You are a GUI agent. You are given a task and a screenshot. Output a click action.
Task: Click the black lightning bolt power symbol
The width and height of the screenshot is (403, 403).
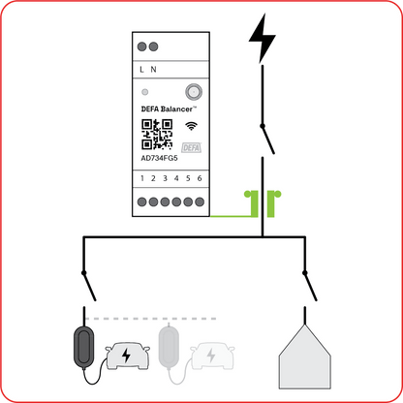pos(263,38)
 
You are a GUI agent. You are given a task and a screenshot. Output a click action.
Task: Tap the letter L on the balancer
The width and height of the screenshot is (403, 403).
pos(141,70)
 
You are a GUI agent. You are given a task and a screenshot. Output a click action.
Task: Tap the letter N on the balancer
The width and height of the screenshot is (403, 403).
pos(153,70)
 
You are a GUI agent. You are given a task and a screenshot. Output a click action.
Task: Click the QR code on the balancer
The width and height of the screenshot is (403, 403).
pos(157,135)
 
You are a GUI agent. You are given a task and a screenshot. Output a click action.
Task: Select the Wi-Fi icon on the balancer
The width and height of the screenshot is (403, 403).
pos(191,126)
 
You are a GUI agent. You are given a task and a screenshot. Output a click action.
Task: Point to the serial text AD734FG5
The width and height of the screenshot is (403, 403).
pos(159,158)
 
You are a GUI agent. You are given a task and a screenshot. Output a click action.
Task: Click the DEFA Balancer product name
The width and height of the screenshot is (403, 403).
pos(169,109)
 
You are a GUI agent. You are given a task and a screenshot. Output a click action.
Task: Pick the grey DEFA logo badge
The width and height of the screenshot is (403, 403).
pos(192,147)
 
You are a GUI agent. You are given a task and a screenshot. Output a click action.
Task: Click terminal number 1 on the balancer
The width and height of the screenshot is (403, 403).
pos(142,178)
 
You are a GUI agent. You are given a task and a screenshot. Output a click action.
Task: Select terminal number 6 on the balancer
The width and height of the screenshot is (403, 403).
pos(200,178)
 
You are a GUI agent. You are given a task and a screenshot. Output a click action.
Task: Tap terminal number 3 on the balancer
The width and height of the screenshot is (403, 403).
pos(165,178)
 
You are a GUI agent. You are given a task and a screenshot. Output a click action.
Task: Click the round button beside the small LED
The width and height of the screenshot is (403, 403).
pos(194,92)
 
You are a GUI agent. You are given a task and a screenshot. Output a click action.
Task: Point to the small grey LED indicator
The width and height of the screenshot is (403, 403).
pos(145,92)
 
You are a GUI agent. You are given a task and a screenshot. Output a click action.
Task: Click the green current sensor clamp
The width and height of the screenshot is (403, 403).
pos(263,202)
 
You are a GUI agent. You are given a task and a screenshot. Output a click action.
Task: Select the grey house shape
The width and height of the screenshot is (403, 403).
pos(304,356)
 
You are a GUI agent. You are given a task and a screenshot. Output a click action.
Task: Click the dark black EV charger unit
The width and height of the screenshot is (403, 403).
pos(84,347)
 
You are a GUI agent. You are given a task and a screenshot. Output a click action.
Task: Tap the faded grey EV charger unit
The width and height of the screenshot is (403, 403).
pos(169,346)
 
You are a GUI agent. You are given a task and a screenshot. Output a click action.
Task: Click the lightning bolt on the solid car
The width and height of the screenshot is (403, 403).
pos(126,356)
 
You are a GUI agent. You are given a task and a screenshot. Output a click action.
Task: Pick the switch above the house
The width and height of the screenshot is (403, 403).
pos(309,287)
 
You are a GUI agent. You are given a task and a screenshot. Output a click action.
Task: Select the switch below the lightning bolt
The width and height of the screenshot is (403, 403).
pos(267,139)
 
